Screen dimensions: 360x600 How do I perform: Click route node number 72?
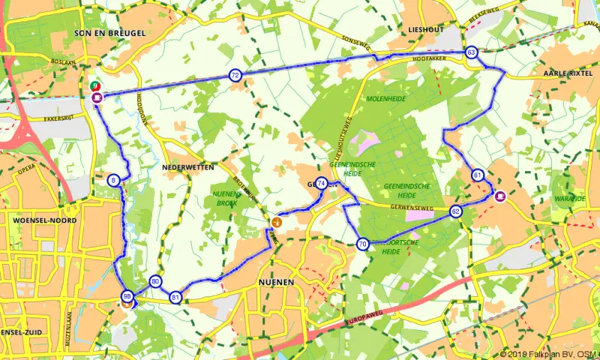235,75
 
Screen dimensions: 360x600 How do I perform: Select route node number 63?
471,52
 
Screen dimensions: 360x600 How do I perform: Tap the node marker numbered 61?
478,175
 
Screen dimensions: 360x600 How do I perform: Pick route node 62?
456,211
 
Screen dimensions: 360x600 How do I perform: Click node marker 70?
362,244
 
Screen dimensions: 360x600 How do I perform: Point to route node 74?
321,183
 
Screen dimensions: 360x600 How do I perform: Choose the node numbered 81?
175,297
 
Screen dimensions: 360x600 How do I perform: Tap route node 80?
155,281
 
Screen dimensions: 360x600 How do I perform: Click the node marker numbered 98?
127,297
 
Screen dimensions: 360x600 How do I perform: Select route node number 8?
112,180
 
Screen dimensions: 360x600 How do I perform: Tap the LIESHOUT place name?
426,29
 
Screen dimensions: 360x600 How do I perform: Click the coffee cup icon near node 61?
500,196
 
